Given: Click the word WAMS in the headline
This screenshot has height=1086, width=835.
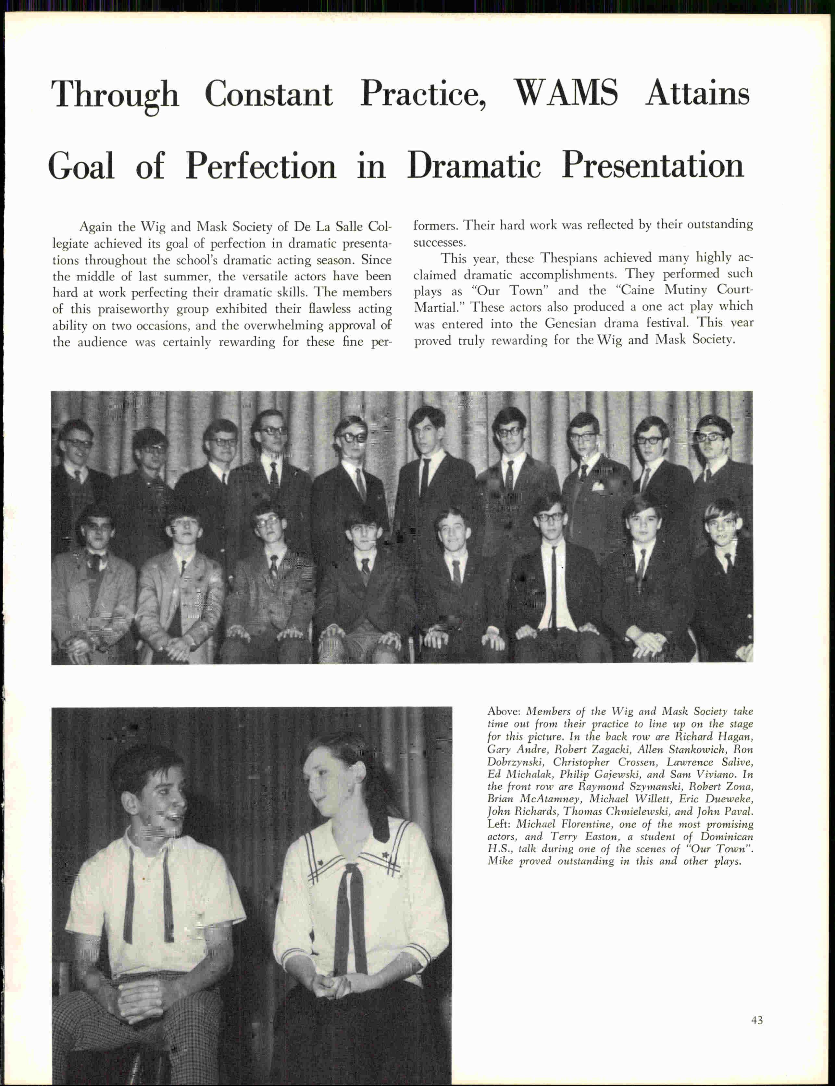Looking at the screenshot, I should (x=566, y=93).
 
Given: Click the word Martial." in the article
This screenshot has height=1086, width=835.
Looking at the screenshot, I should (x=435, y=307).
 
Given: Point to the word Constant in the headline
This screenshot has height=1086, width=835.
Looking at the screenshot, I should (x=268, y=93).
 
